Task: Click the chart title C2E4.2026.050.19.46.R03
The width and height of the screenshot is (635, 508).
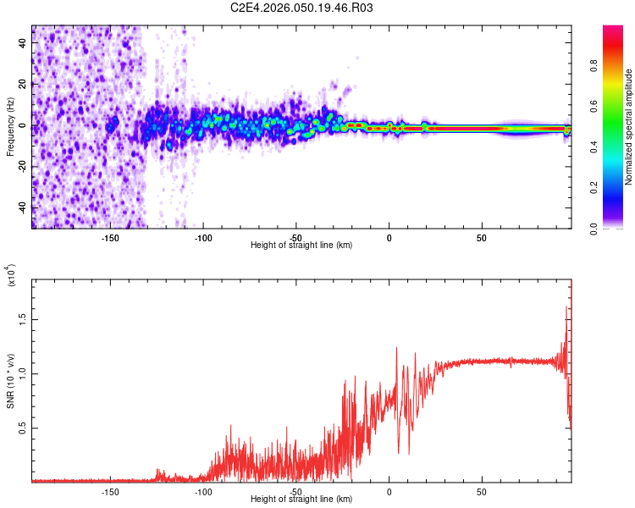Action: (302, 8)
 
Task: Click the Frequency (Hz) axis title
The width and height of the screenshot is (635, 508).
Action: (10, 127)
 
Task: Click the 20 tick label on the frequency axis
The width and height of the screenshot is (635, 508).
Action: (22, 85)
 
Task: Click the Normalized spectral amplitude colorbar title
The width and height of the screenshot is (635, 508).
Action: (629, 127)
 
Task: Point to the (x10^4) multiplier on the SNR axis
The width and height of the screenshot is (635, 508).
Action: (11, 275)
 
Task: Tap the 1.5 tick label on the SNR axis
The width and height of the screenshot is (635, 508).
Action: (22, 319)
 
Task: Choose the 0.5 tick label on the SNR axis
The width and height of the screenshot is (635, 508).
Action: (22, 428)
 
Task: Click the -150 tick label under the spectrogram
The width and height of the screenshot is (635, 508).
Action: (110, 237)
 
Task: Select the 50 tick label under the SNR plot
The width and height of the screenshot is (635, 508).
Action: (481, 491)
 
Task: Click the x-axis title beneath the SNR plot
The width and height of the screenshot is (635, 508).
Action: (301, 500)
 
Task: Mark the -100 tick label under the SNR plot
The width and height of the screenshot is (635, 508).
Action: (203, 491)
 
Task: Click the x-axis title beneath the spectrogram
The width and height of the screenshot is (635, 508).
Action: (301, 246)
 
